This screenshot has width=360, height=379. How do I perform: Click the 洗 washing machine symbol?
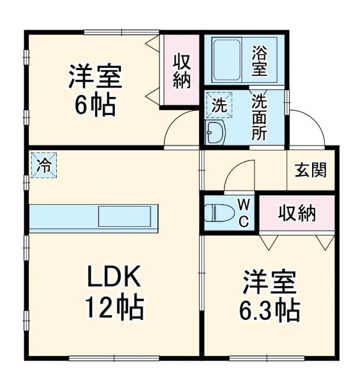[x=219, y=107]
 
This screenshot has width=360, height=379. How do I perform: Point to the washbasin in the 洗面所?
[x=214, y=133]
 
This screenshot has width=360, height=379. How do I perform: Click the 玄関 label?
[x=311, y=170]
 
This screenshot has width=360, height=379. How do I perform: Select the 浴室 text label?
[x=260, y=60]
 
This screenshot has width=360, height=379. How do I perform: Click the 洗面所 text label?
[x=259, y=117]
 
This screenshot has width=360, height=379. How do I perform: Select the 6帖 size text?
[x=95, y=105]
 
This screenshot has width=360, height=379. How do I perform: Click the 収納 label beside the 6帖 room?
[x=182, y=71]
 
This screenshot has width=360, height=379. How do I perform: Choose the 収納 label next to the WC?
[x=298, y=213]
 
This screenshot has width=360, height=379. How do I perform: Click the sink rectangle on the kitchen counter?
[x=127, y=216]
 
